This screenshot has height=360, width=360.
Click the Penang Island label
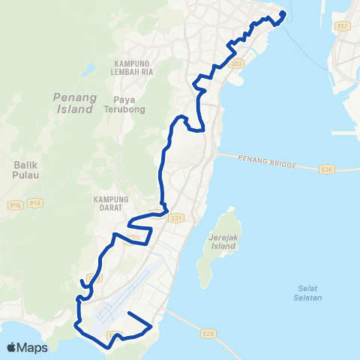click(73, 103)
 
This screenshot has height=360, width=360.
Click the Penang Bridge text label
click(267, 161)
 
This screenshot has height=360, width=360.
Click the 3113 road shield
click(237, 65)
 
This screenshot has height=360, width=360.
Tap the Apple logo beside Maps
click(12, 347)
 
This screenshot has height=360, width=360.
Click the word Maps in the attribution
click(33, 347)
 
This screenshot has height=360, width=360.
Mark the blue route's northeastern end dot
click(283, 13)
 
